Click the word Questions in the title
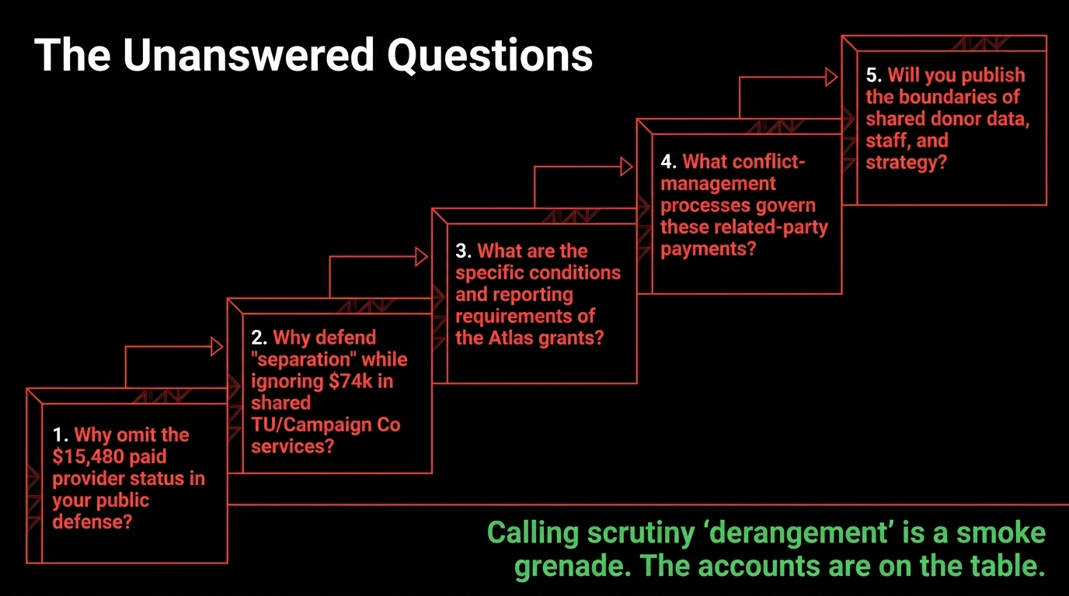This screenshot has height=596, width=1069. [490, 56]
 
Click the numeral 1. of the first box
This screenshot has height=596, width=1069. [61, 435]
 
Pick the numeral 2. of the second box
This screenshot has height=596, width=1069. [259, 338]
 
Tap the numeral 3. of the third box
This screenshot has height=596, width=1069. [464, 251]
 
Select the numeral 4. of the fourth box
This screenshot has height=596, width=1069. [669, 161]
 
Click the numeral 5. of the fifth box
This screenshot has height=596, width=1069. [874, 75]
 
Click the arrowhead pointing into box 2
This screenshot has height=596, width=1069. [217, 347]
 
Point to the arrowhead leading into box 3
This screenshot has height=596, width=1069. [421, 257]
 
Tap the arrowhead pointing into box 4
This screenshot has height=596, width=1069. [626, 167]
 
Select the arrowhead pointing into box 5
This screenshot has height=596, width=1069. [831, 77]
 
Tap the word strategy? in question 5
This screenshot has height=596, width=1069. [906, 163]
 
